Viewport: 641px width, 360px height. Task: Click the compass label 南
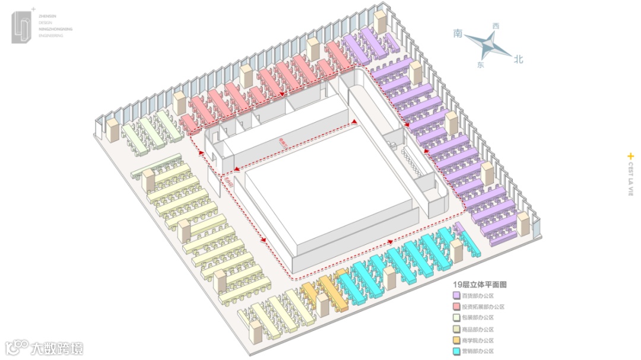(x=458, y=34)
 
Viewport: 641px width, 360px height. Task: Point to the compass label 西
(x=496, y=26)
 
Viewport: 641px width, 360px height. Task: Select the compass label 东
(x=480, y=65)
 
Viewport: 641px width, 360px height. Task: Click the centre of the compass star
(x=489, y=44)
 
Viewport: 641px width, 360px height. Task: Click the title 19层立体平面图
(x=480, y=285)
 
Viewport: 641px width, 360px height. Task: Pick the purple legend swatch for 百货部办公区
(x=456, y=295)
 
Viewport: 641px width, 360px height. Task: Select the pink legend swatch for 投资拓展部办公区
(x=456, y=307)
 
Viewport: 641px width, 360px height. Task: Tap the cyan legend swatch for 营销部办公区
(x=456, y=351)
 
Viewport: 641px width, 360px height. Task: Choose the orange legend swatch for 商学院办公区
(x=456, y=340)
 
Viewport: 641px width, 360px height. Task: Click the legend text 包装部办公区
(x=478, y=318)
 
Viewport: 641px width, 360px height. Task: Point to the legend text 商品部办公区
(x=478, y=329)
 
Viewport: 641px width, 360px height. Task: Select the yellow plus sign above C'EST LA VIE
(x=630, y=156)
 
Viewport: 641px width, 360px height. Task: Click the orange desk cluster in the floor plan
(x=324, y=291)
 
